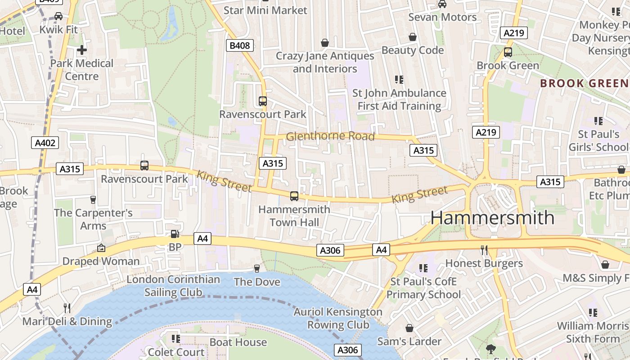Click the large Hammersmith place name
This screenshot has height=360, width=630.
click(492, 218)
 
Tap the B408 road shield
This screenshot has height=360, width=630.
click(239, 45)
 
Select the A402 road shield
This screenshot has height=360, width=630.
click(45, 143)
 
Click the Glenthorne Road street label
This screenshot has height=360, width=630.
click(330, 136)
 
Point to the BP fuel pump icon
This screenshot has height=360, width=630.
click(175, 234)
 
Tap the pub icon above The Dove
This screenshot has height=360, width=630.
click(257, 268)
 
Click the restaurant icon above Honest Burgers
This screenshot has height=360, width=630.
click(484, 250)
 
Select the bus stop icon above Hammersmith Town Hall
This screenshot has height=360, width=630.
click(294, 196)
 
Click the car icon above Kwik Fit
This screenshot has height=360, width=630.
click(58, 16)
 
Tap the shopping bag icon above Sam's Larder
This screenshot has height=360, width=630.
click(409, 328)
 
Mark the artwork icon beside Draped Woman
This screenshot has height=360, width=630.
click(101, 247)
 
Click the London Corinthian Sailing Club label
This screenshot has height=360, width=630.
click(173, 286)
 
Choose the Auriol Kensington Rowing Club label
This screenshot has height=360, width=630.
click(338, 318)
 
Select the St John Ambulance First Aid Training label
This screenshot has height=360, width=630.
click(399, 99)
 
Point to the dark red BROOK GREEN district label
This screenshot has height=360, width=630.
click(584, 83)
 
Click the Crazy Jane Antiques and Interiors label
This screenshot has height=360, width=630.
click(325, 62)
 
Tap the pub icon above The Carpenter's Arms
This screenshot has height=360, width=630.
click(93, 199)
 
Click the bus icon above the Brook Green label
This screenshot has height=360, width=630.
click(508, 52)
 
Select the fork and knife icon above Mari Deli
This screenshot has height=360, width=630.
click(67, 308)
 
